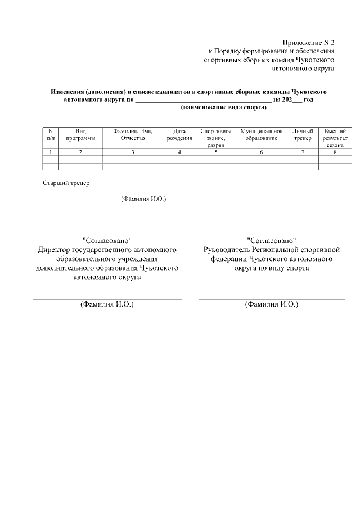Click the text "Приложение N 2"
pos(308,43)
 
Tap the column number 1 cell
pos(51,152)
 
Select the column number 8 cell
pos(335,152)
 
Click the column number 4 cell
pos(179,152)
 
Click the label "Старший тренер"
pos(66,183)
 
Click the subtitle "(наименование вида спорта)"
pos(223,106)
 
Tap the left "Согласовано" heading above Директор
pos(107,240)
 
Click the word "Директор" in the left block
pos(55,249)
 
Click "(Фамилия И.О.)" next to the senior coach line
pos(144,199)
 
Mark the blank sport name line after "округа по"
pos(203,100)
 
